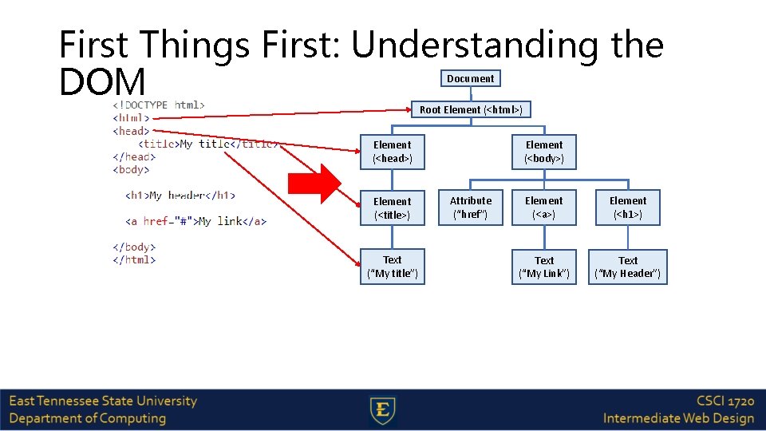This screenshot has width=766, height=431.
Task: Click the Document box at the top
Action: pyautogui.click(x=470, y=78)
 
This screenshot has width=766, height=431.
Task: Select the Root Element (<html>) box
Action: pyautogui.click(x=471, y=109)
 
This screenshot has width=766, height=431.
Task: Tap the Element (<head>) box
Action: pyautogui.click(x=392, y=152)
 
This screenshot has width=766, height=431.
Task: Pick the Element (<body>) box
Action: pyautogui.click(x=544, y=152)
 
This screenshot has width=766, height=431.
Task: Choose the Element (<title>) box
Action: pyautogui.click(x=392, y=208)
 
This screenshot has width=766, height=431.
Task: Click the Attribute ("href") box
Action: pyautogui.click(x=471, y=208)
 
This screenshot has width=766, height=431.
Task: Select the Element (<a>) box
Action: pyautogui.click(x=544, y=208)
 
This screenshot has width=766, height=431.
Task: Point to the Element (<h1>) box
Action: pyautogui.click(x=628, y=208)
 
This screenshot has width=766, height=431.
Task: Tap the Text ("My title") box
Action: pyautogui.click(x=392, y=267)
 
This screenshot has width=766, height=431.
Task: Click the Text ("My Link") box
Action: pyautogui.click(x=544, y=267)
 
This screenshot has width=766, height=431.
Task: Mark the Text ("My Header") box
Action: pyautogui.click(x=628, y=267)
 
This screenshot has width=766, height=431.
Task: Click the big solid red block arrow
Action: pyautogui.click(x=314, y=184)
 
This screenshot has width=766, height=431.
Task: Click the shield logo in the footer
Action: pyautogui.click(x=383, y=410)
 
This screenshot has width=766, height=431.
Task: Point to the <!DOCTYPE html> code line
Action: pyautogui.click(x=159, y=105)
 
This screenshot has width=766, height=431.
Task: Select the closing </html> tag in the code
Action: pyautogui.click(x=134, y=259)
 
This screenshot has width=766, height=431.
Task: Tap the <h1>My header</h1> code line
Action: pyautogui.click(x=180, y=196)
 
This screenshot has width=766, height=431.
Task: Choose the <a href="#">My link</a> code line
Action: pyautogui.click(x=195, y=221)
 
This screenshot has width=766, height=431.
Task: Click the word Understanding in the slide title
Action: pyautogui.click(x=474, y=45)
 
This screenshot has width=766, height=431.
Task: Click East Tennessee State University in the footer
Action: pyautogui.click(x=103, y=401)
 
